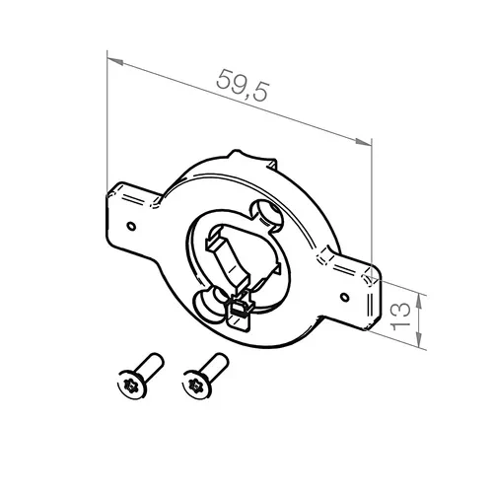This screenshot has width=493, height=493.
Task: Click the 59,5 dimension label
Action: [x=243, y=85]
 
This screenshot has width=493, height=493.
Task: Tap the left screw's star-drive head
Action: [x=131, y=386]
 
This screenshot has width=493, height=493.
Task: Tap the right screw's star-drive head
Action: [x=196, y=385]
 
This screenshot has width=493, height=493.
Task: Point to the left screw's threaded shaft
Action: [x=150, y=365]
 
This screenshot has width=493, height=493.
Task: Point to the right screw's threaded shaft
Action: [x=215, y=364]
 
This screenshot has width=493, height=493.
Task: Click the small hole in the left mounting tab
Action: [x=131, y=226]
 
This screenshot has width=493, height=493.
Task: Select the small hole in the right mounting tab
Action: [x=344, y=297]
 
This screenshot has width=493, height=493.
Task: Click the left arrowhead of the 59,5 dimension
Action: [x=115, y=61]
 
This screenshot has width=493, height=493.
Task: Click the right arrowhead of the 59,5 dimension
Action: [x=363, y=142]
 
